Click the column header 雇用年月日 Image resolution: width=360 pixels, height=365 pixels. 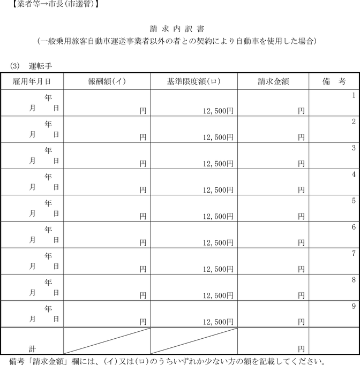point(32,81)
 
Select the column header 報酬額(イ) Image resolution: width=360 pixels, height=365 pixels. point(107,81)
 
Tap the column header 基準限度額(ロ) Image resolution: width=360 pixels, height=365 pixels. point(194,81)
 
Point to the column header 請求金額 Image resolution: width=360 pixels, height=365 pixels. point(273,81)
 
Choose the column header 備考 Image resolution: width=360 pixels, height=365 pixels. point(334,81)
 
